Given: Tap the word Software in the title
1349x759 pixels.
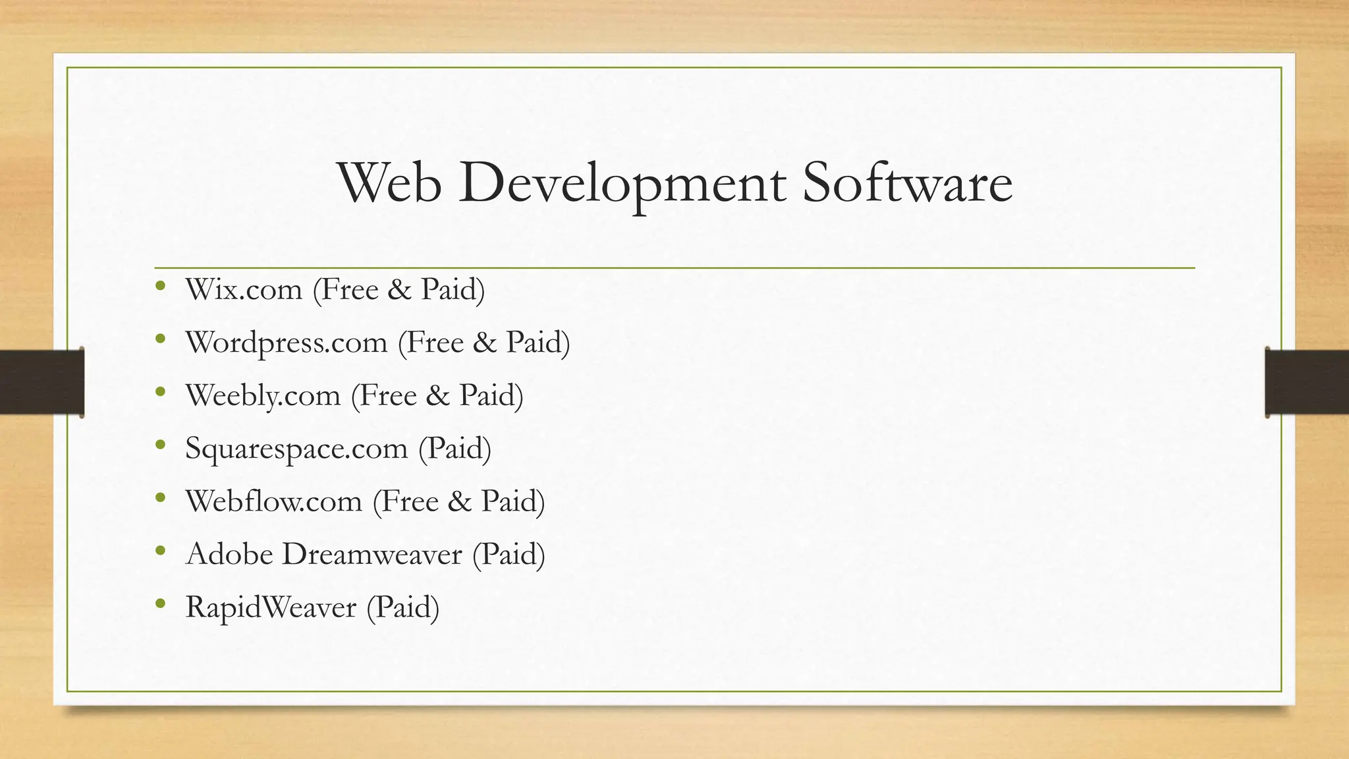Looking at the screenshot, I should (907, 183).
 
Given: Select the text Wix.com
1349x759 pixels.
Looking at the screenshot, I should (244, 290).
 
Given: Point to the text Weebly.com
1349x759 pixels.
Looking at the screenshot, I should (263, 396).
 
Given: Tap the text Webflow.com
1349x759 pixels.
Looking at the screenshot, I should (274, 501).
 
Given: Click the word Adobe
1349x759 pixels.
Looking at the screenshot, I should (229, 554).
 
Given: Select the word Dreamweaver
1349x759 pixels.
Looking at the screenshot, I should (372, 554).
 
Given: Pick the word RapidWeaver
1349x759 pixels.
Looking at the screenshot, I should (271, 607).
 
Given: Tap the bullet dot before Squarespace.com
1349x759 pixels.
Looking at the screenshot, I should (160, 445).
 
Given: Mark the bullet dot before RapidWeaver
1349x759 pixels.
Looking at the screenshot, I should (160, 604).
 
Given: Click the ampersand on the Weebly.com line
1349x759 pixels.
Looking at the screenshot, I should (437, 396).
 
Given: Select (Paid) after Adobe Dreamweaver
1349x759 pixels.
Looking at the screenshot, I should (509, 554).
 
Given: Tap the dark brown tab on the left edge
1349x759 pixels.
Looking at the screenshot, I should (41, 382).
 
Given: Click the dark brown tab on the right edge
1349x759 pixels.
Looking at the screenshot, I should (1307, 382).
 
